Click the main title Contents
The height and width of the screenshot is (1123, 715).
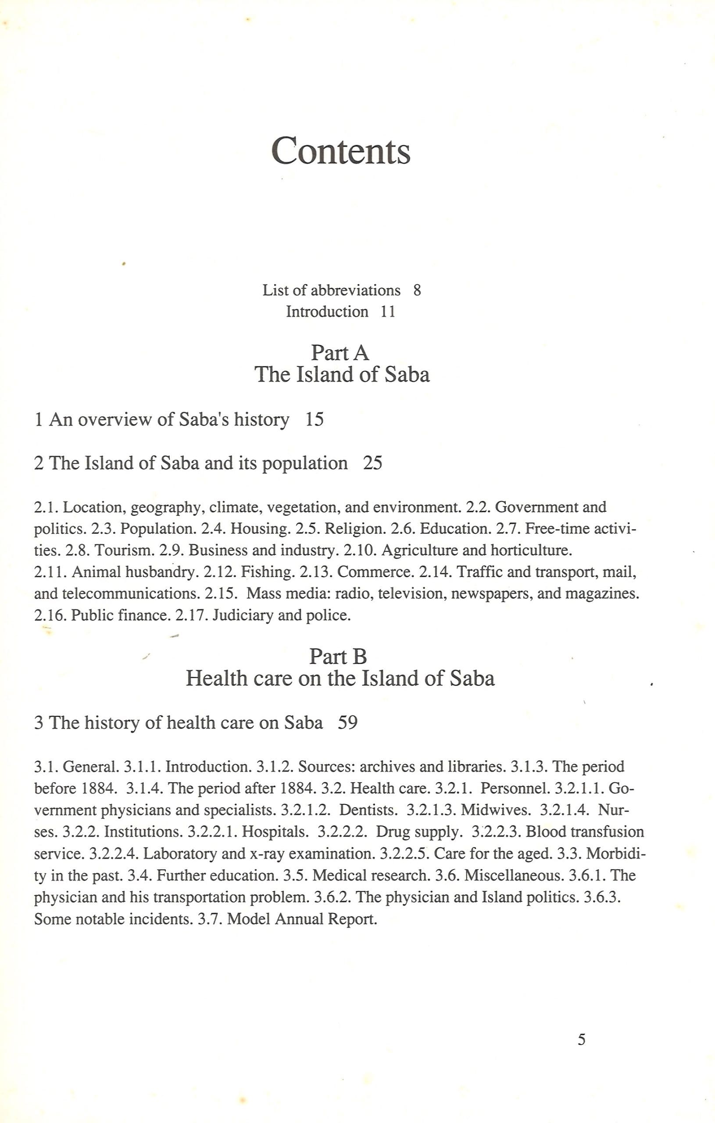click(x=340, y=151)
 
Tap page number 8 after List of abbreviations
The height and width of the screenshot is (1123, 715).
click(x=417, y=290)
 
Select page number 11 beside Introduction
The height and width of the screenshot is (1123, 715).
click(x=388, y=311)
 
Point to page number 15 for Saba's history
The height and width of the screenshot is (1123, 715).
click(x=314, y=420)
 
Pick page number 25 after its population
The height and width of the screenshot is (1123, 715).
click(x=372, y=463)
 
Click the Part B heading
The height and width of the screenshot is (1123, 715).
click(x=338, y=657)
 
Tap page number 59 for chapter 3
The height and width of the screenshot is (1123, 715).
click(x=347, y=722)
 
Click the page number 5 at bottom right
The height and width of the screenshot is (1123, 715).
click(x=581, y=1040)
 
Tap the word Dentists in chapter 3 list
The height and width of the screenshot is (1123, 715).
click(x=368, y=810)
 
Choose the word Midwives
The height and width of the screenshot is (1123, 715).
click(x=496, y=810)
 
